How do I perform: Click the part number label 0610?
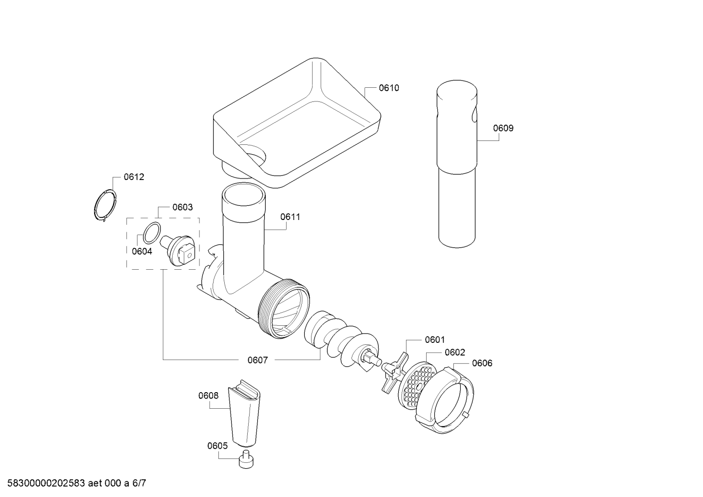(389, 88)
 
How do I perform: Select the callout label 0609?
(503, 128)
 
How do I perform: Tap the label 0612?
(134, 177)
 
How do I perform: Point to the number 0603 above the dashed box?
(183, 207)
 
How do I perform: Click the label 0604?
(142, 252)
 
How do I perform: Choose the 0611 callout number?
(290, 217)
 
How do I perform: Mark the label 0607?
(258, 360)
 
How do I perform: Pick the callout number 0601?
(435, 339)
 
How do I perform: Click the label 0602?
(455, 353)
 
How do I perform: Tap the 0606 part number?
(482, 363)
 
